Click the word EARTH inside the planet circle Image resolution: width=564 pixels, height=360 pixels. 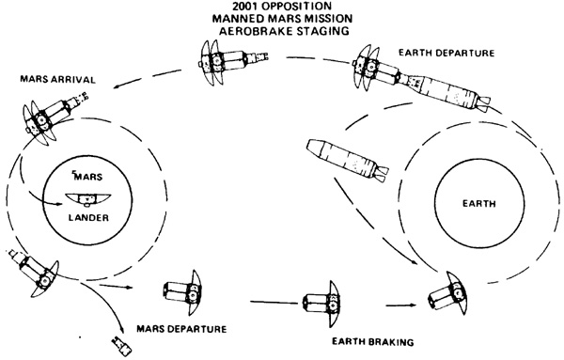pyautogui.click(x=479, y=204)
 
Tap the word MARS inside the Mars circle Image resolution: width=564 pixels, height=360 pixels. pyautogui.click(x=88, y=177)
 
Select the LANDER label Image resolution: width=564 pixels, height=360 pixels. pyautogui.click(x=88, y=217)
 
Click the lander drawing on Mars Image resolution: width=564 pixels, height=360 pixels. pyautogui.click(x=88, y=199)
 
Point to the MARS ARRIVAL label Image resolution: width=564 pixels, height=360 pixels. pyautogui.click(x=58, y=79)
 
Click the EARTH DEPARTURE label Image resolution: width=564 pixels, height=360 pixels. pyautogui.click(x=446, y=53)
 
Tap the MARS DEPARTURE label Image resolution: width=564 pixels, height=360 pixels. pyautogui.click(x=181, y=329)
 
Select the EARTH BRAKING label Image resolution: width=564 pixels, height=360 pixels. pyautogui.click(x=372, y=341)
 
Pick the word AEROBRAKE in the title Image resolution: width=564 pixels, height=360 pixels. pyautogui.click(x=254, y=31)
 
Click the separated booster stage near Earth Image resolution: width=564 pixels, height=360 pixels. pyautogui.click(x=348, y=159)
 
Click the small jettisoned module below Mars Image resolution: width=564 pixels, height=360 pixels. pyautogui.click(x=122, y=346)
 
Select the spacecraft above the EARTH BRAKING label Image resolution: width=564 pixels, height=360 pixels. pyautogui.click(x=322, y=305)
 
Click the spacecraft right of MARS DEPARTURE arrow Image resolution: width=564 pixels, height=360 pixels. pyautogui.click(x=182, y=292)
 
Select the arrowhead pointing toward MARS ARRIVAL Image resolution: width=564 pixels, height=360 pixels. pyautogui.click(x=117, y=86)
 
